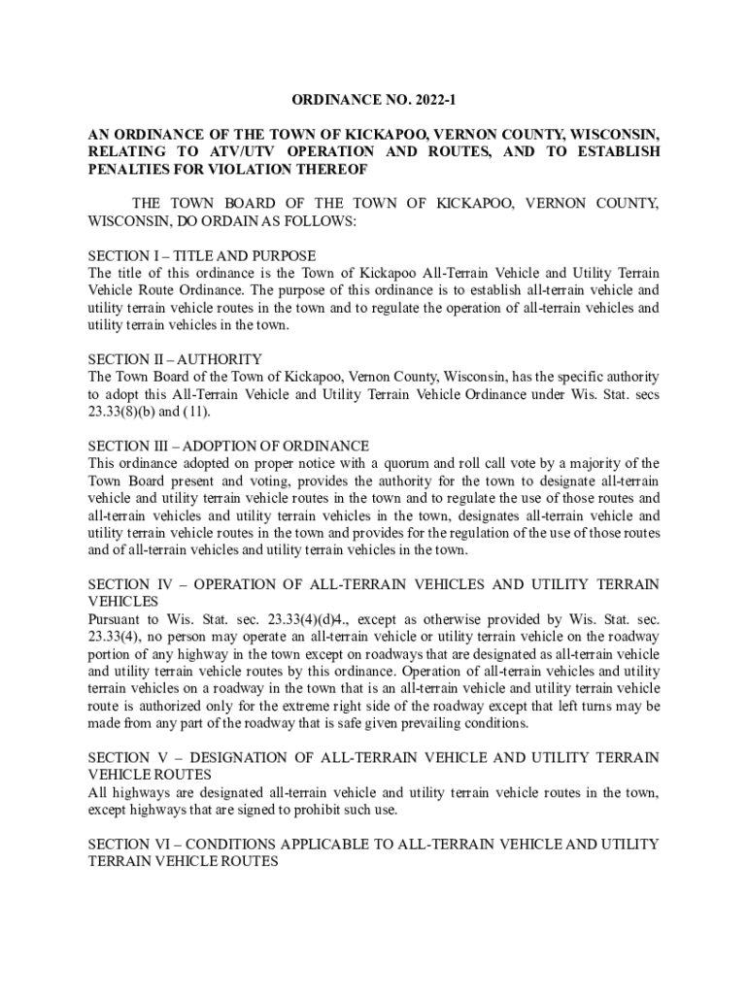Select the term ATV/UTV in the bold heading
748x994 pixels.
pos(243,152)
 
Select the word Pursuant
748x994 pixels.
pos(118,619)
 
